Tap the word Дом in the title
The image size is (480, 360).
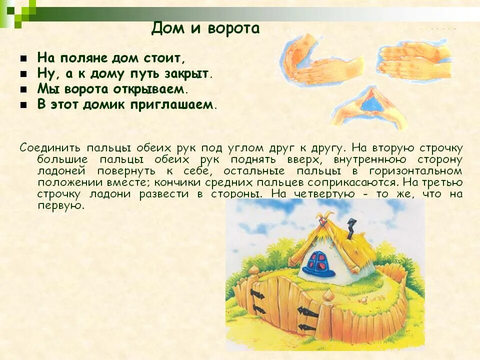tap(164, 28)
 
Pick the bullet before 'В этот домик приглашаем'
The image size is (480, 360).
tap(23, 105)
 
